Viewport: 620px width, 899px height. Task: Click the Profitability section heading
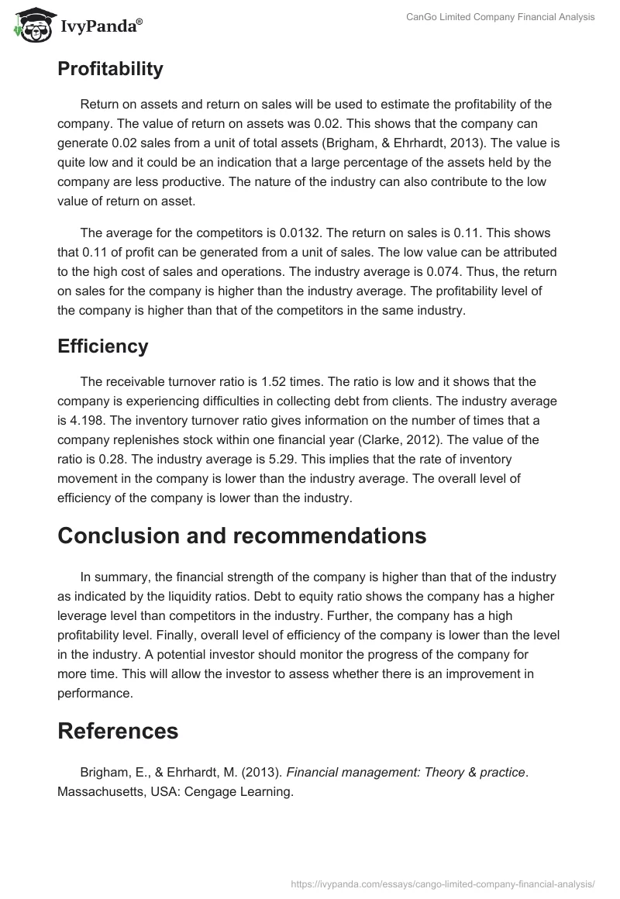110,69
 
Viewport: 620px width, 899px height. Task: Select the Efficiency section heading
102,346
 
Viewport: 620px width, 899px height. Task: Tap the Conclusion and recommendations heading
242,536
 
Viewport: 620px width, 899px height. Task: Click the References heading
118,731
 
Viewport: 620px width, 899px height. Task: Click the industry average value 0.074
474,272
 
